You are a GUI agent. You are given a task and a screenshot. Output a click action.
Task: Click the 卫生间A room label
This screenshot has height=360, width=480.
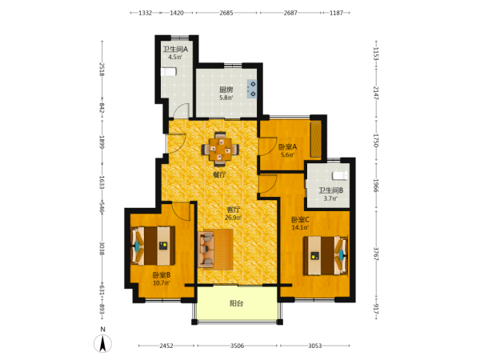click(175, 49)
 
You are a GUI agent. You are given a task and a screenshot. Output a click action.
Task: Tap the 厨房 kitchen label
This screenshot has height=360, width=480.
click(226, 90)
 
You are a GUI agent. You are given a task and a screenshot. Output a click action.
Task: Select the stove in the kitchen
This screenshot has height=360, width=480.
click(252, 89)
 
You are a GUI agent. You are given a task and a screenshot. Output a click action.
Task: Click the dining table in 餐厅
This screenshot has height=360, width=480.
click(220, 149)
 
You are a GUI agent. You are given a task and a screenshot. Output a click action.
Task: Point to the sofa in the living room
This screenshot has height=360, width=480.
click(206, 249)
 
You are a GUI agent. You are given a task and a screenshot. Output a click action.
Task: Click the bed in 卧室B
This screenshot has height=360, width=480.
click(153, 246)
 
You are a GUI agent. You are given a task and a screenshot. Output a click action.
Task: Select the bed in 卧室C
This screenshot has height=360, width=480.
click(326, 256)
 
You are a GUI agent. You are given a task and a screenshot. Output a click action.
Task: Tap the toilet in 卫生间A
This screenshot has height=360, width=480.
click(169, 72)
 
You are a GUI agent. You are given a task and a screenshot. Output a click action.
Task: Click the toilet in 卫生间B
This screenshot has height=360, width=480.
click(341, 176)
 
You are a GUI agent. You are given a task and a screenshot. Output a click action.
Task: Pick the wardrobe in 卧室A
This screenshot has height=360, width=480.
click(316, 139)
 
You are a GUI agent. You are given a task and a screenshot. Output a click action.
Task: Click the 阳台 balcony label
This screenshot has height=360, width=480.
click(236, 303)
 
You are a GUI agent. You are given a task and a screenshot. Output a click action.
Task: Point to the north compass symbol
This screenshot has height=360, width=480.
click(103, 341)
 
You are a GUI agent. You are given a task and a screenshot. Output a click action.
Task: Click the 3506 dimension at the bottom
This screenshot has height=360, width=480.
click(237, 346)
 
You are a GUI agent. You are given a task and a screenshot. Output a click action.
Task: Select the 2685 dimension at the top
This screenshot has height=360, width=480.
click(226, 13)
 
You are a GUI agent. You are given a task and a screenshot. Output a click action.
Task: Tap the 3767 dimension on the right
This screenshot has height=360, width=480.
click(376, 254)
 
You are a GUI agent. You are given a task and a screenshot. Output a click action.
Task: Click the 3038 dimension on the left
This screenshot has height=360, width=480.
click(102, 249)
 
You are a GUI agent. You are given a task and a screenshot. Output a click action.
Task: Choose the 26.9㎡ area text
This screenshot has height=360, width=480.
click(234, 218)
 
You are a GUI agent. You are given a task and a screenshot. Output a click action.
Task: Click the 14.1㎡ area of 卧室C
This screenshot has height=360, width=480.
click(300, 227)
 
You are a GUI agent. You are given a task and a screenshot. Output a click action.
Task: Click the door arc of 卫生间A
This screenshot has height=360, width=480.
click(182, 110)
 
